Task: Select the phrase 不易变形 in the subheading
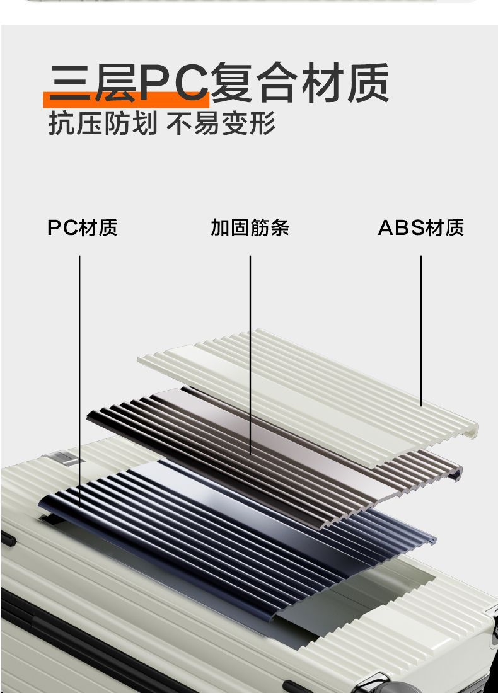221,123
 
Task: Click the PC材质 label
82,227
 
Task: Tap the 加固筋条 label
250,227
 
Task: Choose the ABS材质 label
420,227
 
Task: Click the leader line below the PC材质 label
80,378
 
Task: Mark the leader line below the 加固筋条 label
250,353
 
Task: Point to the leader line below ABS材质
420,328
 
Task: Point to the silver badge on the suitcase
66,457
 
